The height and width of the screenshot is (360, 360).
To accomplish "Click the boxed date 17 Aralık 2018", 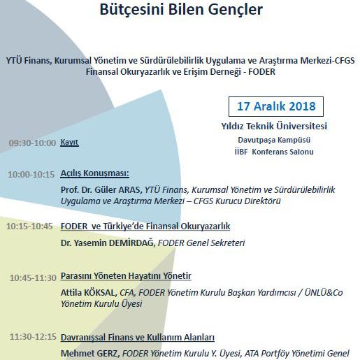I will coord(275,108).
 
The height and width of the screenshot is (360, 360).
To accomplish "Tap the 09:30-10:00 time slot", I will coord(32,143).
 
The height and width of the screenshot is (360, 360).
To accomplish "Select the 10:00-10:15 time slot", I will coord(31,174).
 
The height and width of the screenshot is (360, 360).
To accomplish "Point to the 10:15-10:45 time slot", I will coord(29,226).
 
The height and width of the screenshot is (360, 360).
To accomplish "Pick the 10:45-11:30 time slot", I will coord(33,278).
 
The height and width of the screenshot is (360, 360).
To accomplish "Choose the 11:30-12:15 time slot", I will coord(33,337).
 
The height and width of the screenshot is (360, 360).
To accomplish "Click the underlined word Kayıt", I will coord(70,143).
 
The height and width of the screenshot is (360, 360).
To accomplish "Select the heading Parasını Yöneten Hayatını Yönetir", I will coord(126,277).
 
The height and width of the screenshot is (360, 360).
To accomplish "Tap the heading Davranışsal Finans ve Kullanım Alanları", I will coord(137,337).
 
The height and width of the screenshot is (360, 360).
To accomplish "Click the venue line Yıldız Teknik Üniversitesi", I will coord(274,127).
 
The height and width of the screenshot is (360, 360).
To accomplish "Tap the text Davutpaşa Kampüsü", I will coord(273,140).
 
